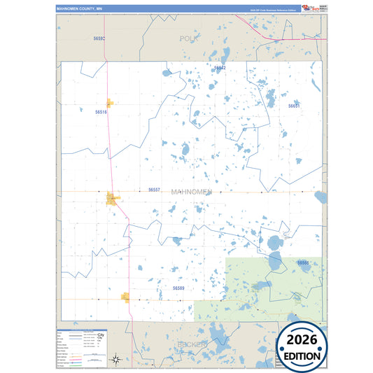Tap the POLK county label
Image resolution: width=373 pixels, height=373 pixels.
pyautogui.click(x=189, y=38)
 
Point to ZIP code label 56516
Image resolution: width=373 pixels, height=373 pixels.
pyautogui.click(x=101, y=112)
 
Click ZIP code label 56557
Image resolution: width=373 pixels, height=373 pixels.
pyautogui.click(x=154, y=190)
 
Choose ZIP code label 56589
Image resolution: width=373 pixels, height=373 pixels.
pyautogui.click(x=178, y=288)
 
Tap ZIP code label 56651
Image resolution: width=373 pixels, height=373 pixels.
pyautogui.click(x=294, y=106)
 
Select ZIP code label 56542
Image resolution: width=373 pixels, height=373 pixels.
pyautogui.click(x=220, y=68)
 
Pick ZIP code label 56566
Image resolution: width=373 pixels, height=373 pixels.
pyautogui.click(x=303, y=262)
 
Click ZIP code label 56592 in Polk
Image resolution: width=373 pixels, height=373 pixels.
pyautogui.click(x=99, y=38)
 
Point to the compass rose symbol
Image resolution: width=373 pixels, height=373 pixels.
pyautogui.click(x=118, y=359)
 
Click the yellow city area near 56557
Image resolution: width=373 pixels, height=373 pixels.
pyautogui.click(x=112, y=200)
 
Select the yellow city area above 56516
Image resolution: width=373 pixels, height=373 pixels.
pyautogui.click(x=110, y=102)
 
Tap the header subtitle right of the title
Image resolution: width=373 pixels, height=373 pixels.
pyautogui.click(x=268, y=9)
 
